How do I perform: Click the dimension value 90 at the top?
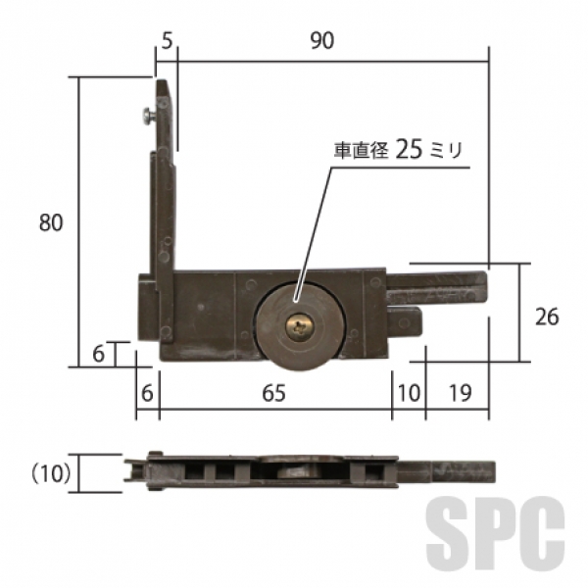click(322, 40)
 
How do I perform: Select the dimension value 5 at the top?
click(167, 40)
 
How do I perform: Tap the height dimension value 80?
click(51, 222)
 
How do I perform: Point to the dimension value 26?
click(547, 317)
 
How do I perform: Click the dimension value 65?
click(273, 393)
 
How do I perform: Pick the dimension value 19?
click(460, 393)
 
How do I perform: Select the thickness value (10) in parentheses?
click(51, 474)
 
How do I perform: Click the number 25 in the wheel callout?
click(409, 149)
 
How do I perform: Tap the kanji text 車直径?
click(361, 150)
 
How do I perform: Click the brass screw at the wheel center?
click(300, 327)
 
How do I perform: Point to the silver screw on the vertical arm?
click(150, 115)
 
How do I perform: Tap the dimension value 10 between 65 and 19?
click(409, 393)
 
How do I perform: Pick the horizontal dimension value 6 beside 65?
click(147, 393)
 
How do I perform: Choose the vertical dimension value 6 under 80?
click(98, 354)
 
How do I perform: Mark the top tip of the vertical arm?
click(162, 80)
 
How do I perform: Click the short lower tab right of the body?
click(405, 321)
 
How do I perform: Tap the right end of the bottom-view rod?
click(495, 472)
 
